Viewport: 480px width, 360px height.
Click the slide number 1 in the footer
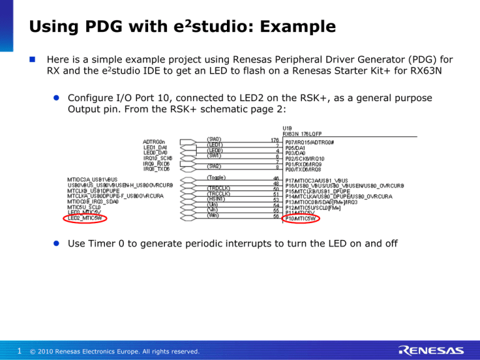point(21,351)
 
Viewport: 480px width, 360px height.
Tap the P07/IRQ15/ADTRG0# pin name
point(309,142)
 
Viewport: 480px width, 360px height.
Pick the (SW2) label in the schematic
point(214,166)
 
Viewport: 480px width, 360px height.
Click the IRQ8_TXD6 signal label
point(157,169)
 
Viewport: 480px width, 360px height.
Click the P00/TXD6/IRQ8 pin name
point(304,169)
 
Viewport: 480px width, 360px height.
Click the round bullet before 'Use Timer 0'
point(56,242)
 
